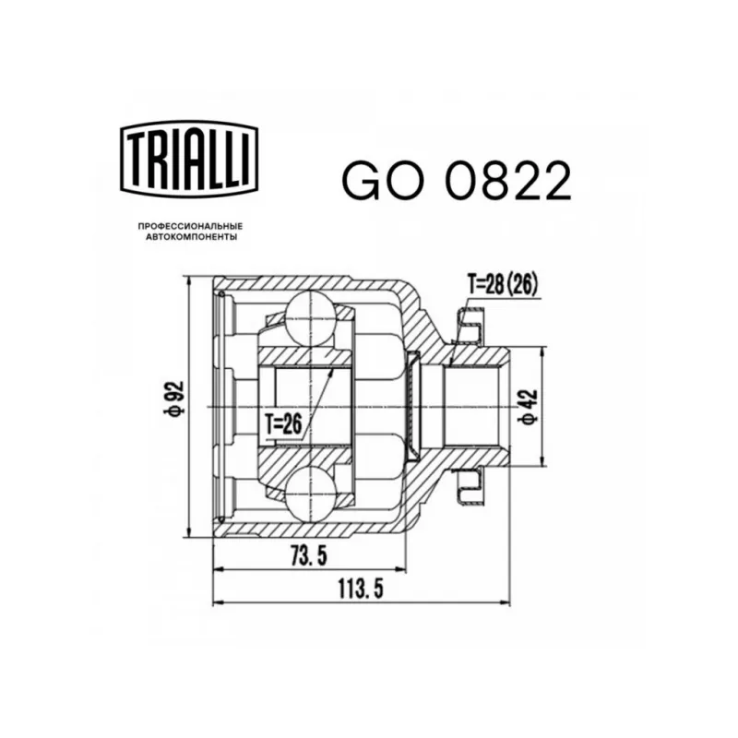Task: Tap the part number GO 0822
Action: [x=457, y=181]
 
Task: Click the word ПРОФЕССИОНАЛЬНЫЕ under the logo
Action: [x=190, y=227]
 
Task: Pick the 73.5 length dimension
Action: [x=309, y=557]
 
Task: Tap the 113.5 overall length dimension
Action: [x=361, y=589]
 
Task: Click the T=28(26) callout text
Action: [x=502, y=285]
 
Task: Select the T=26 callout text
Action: [x=282, y=424]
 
